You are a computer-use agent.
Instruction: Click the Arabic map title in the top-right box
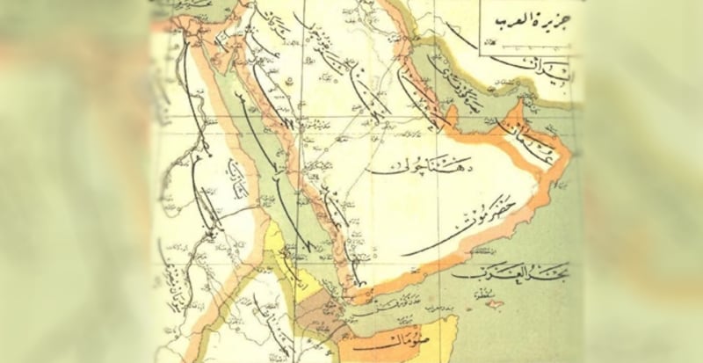pyautogui.click(x=525, y=20)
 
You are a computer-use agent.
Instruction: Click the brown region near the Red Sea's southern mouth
pyautogui.click(x=321, y=312)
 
